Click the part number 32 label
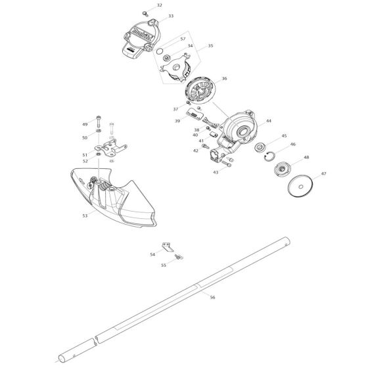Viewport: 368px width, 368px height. click(159, 5)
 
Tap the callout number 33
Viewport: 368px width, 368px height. click(170, 16)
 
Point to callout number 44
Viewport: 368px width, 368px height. click(268, 122)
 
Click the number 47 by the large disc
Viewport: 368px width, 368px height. click(323, 173)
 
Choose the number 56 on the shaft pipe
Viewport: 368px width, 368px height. click(212, 298)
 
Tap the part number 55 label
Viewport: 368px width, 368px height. click(164, 265)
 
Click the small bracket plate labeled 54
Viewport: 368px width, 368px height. click(170, 250)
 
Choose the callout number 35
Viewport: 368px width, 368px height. click(210, 46)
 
